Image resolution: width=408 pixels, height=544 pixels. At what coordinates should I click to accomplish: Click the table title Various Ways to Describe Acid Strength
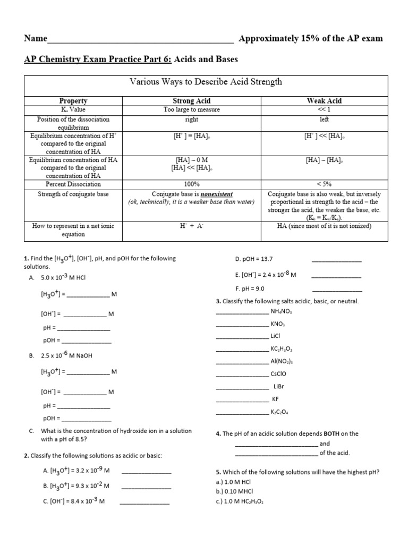click(x=206, y=82)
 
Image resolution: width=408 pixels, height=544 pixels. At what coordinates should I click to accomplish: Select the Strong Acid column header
click(x=191, y=101)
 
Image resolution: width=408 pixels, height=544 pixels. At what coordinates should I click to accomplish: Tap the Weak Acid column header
click(x=324, y=101)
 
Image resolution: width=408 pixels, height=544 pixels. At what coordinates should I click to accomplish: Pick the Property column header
click(x=74, y=101)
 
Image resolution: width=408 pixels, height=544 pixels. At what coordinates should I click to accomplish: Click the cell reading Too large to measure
click(x=191, y=109)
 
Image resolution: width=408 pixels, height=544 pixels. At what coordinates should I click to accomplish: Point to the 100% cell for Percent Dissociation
click(x=191, y=184)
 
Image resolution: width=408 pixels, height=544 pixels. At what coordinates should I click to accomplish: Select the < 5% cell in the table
click(x=324, y=184)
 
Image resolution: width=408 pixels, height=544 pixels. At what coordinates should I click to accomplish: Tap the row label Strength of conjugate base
click(x=74, y=194)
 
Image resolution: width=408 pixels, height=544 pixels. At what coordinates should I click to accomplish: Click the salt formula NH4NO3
click(x=282, y=311)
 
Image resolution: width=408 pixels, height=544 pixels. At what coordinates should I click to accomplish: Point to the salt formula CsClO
click(x=280, y=373)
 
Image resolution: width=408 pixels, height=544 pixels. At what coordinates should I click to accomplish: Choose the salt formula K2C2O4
click(x=280, y=412)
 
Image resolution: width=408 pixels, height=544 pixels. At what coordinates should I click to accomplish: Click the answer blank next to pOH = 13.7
click(x=336, y=260)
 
